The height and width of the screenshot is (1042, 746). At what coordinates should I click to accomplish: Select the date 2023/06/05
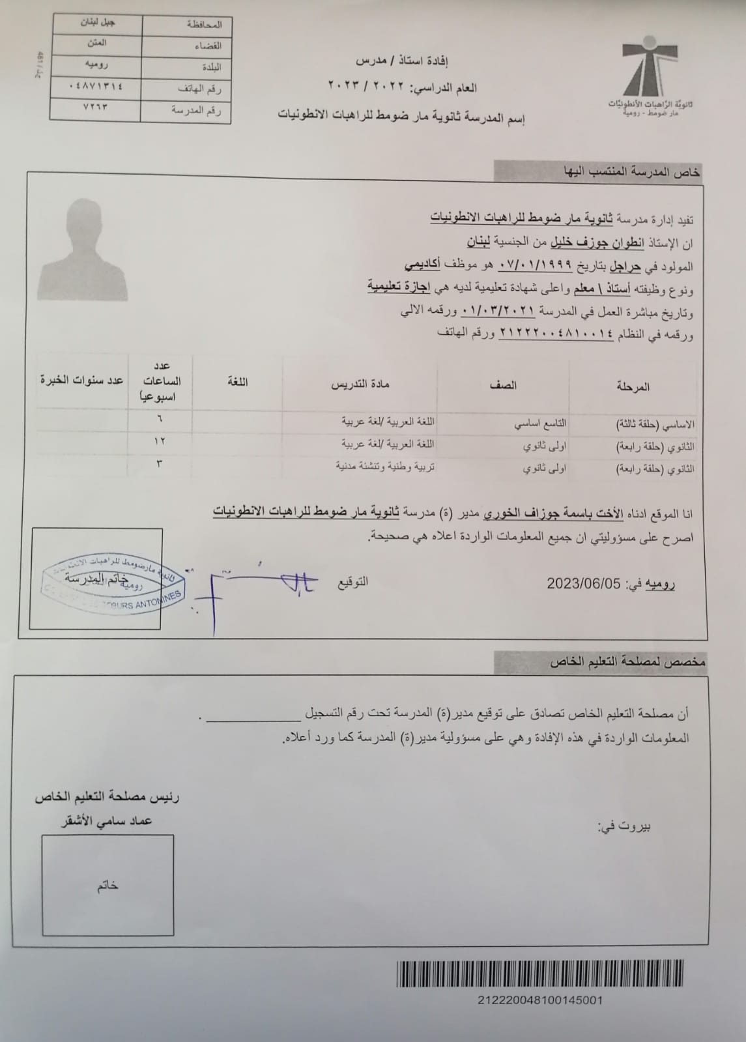(584, 584)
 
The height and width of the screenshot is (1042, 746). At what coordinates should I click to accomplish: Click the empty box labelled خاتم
(108, 886)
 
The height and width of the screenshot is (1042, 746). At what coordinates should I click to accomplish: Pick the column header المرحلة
(633, 386)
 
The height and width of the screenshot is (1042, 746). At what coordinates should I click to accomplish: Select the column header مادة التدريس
(361, 384)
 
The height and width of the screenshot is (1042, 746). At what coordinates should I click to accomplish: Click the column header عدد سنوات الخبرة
(81, 380)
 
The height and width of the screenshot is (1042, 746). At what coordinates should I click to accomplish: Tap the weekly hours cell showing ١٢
(160, 441)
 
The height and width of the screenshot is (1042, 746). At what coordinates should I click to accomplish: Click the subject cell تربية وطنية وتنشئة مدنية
(385, 467)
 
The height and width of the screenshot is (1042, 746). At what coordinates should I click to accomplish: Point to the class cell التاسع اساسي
(540, 424)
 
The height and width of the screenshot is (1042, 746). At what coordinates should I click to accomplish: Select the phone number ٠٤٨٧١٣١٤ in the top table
(95, 85)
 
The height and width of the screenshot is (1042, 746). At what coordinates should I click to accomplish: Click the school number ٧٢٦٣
(95, 107)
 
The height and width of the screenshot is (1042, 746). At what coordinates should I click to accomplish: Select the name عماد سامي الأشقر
(107, 820)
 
